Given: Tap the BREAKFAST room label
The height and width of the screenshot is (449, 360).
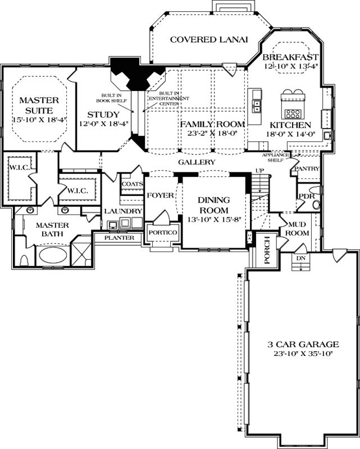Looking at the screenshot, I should pyautogui.click(x=291, y=57).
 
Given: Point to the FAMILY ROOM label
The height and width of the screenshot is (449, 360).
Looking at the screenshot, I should pyautogui.click(x=212, y=123).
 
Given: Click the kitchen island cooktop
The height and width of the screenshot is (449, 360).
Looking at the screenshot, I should pyautogui.click(x=293, y=103).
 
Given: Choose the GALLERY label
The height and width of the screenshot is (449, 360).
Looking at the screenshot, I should pyautogui.click(x=197, y=162).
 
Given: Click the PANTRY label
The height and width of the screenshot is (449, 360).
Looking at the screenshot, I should pyautogui.click(x=307, y=168).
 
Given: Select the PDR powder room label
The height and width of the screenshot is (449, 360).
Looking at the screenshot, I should pyautogui.click(x=306, y=196).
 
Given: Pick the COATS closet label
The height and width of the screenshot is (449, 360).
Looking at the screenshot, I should pyautogui.click(x=131, y=182).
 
